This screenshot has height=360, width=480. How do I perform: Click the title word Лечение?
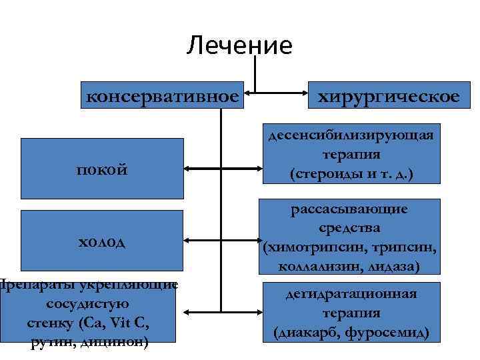(x=239, y=46)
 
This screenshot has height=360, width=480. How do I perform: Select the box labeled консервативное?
(x=163, y=96)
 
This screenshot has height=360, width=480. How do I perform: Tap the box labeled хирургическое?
(x=388, y=96)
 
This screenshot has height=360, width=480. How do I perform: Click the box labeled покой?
(x=102, y=169)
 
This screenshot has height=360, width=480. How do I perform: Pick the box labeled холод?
(x=102, y=239)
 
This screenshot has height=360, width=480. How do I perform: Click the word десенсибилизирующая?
(x=351, y=135)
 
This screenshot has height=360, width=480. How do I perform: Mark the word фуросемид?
(x=389, y=331)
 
